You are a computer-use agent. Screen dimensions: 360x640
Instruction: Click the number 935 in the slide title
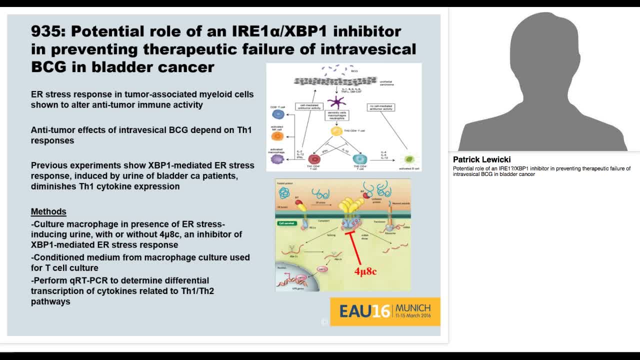(x=48, y=31)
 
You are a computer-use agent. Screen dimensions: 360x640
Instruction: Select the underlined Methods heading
(x=48, y=211)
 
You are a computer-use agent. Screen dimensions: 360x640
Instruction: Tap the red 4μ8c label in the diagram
(x=365, y=272)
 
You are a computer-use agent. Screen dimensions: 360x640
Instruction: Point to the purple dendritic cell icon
(x=336, y=103)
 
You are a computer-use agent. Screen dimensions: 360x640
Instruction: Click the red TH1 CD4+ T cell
(x=314, y=158)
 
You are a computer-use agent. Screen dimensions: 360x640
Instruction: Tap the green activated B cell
(x=409, y=159)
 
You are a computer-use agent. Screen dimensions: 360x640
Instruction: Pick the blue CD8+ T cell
(x=277, y=114)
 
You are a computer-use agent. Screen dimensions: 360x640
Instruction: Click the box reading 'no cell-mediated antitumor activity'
(x=381, y=107)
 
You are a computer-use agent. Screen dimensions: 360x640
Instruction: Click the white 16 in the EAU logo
(x=381, y=311)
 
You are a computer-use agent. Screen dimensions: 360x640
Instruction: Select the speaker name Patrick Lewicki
(x=481, y=159)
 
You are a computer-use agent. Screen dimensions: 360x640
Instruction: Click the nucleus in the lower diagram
(x=295, y=280)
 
